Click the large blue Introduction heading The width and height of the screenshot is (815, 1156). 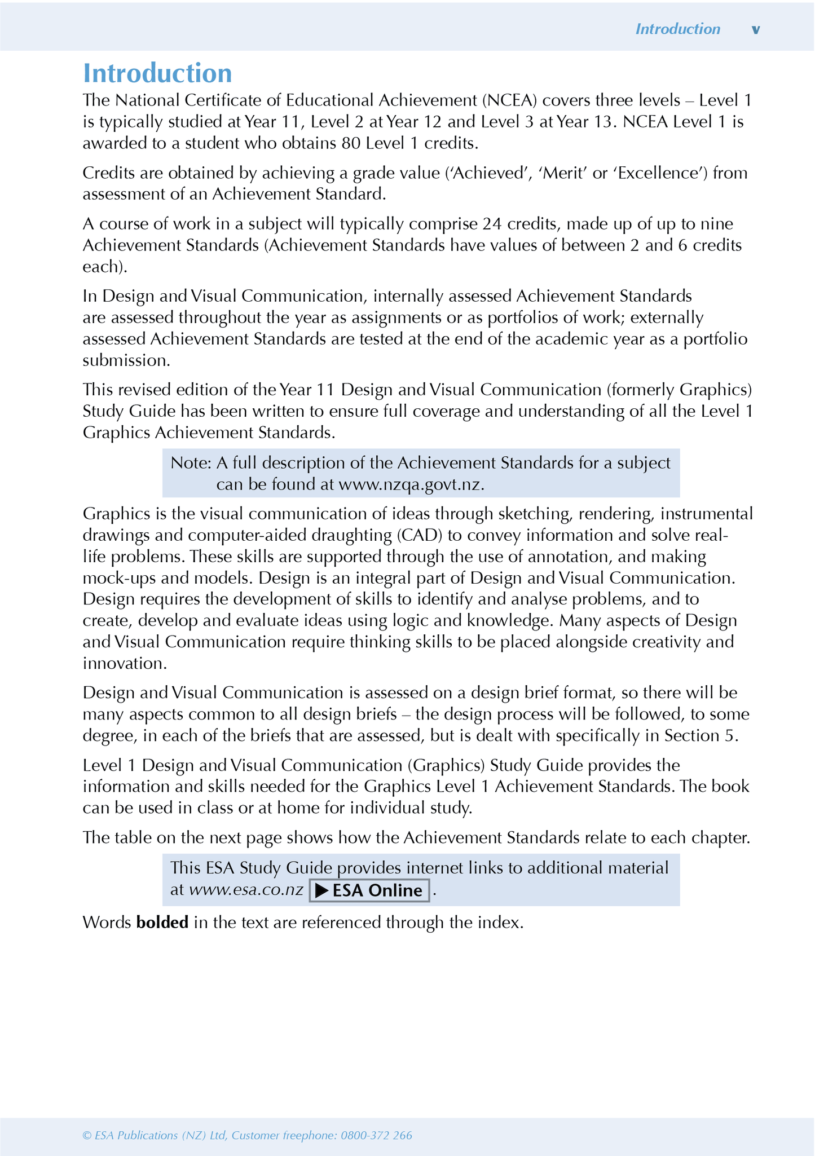[x=157, y=74]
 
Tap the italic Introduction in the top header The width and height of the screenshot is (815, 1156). [x=677, y=29]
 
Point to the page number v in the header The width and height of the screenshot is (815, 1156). [x=756, y=30]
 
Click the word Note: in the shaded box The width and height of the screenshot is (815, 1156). [x=191, y=463]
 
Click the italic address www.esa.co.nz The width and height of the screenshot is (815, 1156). [x=246, y=890]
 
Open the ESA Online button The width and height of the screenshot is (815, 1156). [x=369, y=890]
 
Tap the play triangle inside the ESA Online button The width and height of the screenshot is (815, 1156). [x=322, y=890]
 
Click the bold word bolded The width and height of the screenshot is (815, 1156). [x=162, y=922]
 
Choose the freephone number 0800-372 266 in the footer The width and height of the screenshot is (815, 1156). [x=376, y=1135]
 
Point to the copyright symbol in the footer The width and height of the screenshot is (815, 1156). [x=87, y=1135]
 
